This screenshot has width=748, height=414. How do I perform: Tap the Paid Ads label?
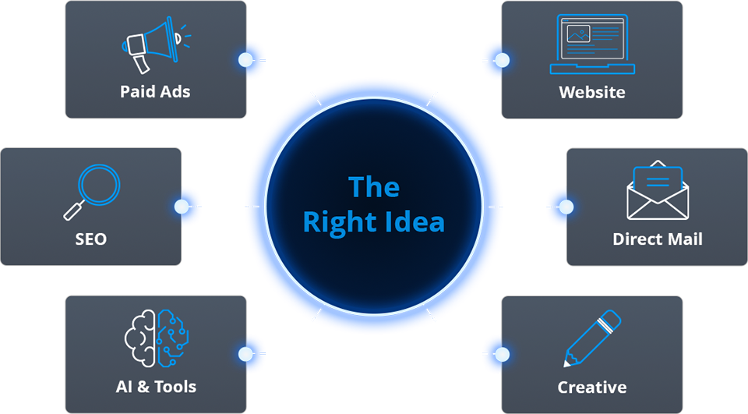pos(155,91)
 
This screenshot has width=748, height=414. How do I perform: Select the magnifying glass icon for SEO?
pos(92,192)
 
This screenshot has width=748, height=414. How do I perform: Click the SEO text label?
pos(90,239)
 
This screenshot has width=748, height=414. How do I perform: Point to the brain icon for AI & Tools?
pos(157,338)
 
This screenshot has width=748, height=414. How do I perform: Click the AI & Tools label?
pos(156,386)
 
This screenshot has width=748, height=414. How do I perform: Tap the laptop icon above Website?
pos(592,44)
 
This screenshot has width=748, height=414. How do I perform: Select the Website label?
pos(592,92)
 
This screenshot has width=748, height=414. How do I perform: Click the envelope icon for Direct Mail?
pos(658,190)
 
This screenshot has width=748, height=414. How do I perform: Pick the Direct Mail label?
pos(658,239)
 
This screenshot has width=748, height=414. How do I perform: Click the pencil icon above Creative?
pos(592,338)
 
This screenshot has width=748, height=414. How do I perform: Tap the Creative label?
pos(592,387)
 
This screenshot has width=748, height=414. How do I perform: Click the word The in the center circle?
pos(374,186)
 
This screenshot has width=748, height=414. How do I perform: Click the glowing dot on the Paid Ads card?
pos(245,60)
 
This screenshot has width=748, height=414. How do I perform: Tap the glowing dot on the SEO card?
pos(182,207)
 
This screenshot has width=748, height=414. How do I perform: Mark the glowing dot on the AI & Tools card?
pos(245,354)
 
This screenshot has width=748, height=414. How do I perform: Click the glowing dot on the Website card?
pos(502,60)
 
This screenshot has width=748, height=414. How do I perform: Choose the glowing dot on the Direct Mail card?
pos(566,207)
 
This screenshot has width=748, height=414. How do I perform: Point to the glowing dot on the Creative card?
pos(502,354)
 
